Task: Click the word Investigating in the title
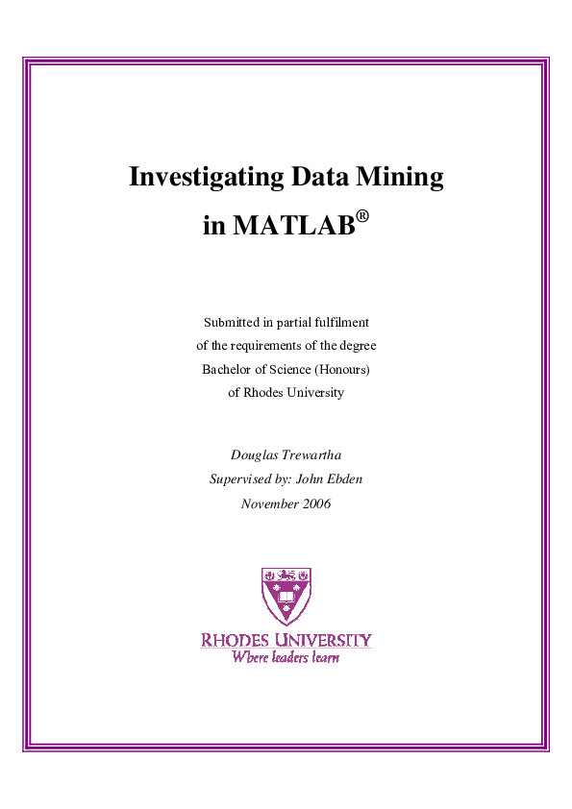[198, 178]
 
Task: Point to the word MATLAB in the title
[293, 227]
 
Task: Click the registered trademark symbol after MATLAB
[362, 217]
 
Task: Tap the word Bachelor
[227, 369]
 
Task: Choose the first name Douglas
[253, 454]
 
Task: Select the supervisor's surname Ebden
[342, 478]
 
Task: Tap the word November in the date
[268, 503]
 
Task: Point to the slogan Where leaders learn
[286, 658]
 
